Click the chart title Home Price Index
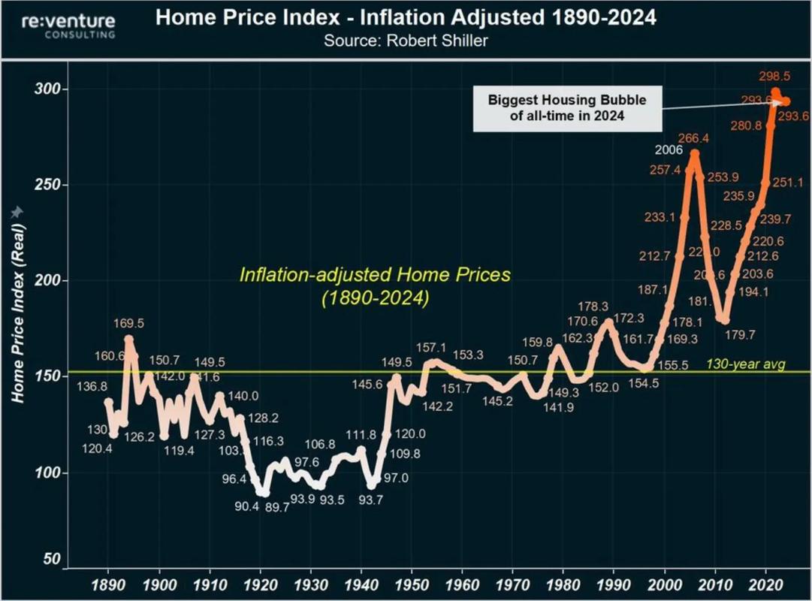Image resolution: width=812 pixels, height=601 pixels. pos(406,17)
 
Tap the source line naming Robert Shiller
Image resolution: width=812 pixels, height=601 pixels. pos(406,41)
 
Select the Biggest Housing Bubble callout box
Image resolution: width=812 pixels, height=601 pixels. pos(567,108)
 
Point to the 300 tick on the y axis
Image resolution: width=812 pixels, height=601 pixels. pos(49,89)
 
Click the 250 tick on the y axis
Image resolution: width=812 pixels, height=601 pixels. pos(49,185)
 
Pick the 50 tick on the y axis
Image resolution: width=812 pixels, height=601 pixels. pos(52,560)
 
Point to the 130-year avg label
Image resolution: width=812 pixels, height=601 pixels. pos(745,364)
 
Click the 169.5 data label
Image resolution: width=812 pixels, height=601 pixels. pos(129,322)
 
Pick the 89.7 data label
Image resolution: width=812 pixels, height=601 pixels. pos(276,507)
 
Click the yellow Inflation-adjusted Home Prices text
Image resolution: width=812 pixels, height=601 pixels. pos(375,285)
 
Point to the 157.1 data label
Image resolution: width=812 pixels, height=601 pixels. pos(431,348)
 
